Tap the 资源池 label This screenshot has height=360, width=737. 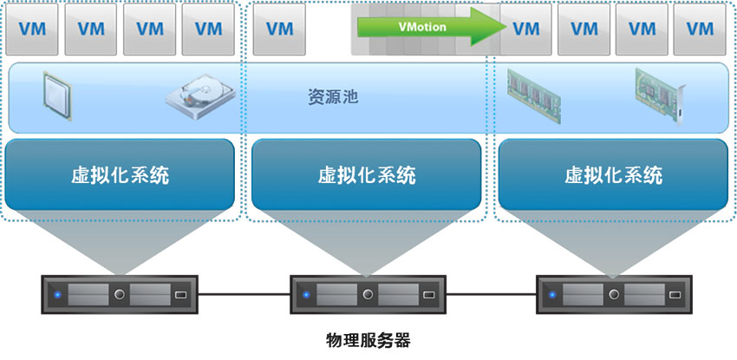tap(333, 96)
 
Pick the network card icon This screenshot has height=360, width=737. tap(661, 95)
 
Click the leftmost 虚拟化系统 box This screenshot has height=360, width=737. tap(120, 175)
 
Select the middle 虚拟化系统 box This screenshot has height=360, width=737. tap(366, 175)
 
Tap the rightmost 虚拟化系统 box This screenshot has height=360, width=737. tap(613, 175)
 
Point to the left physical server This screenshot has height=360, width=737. tap(120, 295)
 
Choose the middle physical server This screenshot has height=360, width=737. tap(367, 295)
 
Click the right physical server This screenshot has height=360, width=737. tap(614, 295)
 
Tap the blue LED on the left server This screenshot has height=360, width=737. tap(57, 295)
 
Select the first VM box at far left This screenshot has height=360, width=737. tap(32, 29)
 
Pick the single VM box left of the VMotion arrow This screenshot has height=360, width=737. tap(279, 29)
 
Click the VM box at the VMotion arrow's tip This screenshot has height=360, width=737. tap(526, 29)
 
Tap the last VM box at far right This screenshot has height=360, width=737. tap(700, 29)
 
